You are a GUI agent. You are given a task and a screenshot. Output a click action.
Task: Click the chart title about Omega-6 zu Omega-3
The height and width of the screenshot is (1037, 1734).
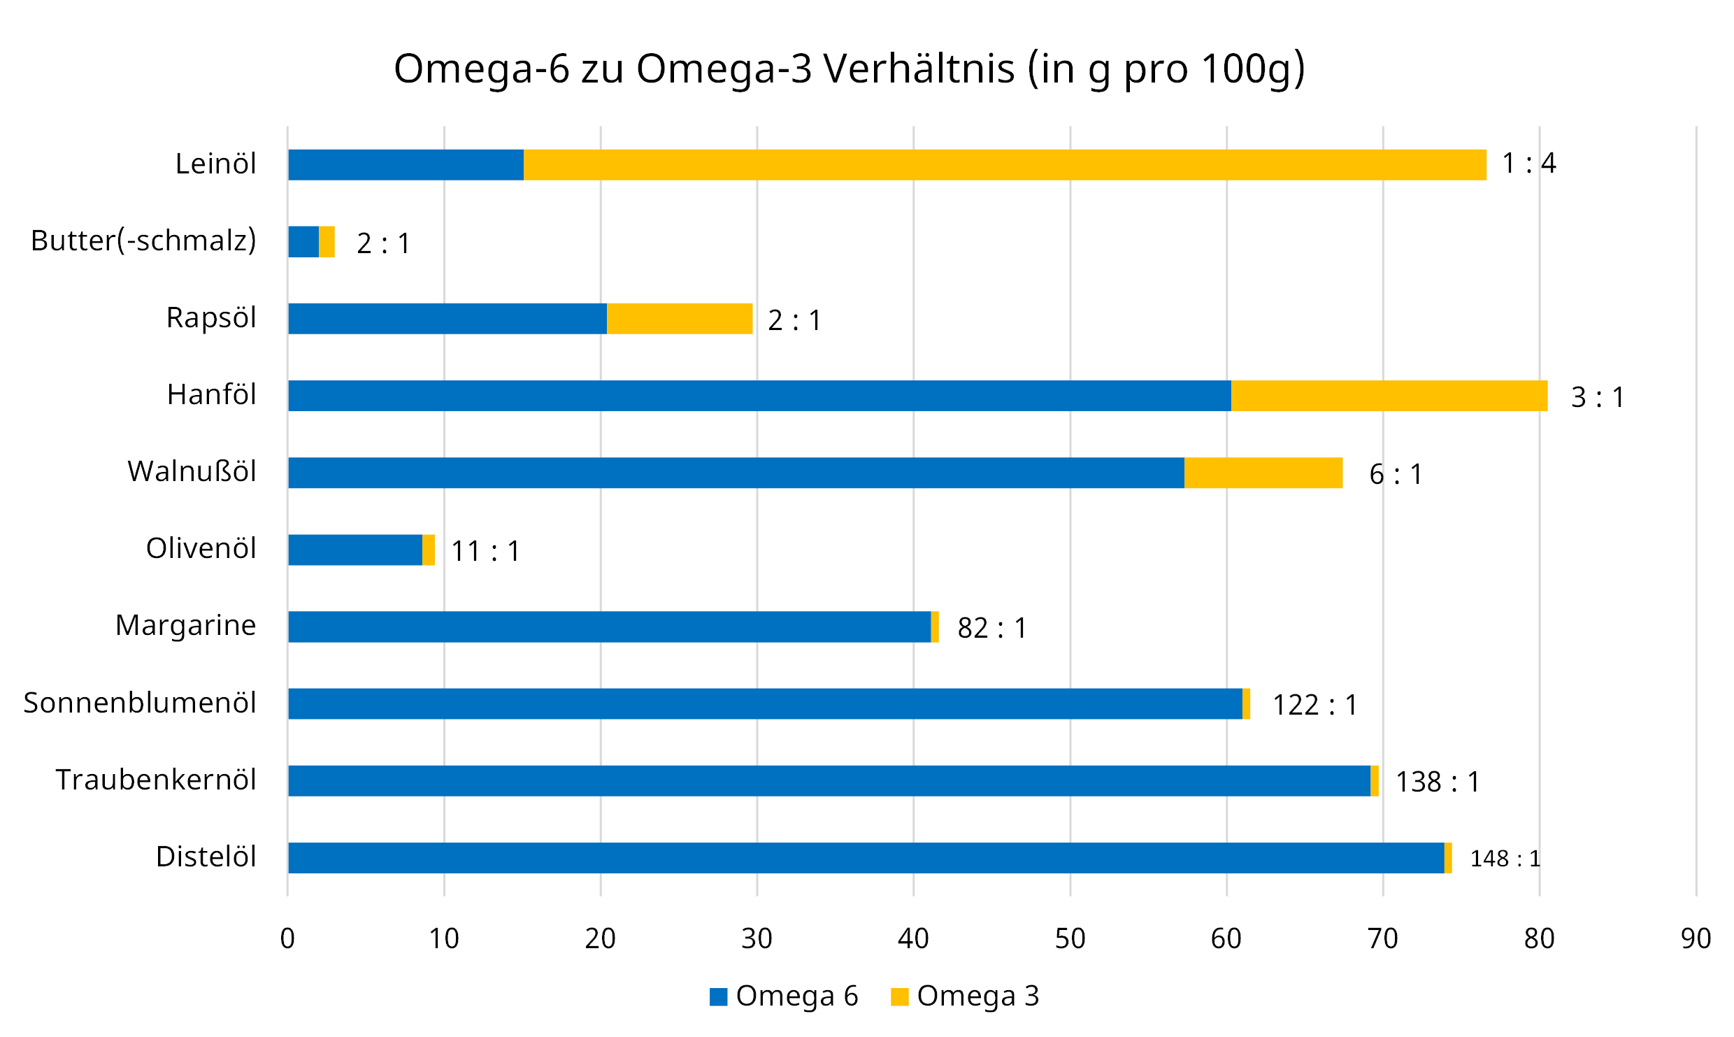click(849, 69)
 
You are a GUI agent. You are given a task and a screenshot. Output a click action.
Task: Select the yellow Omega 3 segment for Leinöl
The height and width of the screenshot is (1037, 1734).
click(1005, 165)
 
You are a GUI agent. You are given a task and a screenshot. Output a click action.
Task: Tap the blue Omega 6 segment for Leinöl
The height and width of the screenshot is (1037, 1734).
click(406, 165)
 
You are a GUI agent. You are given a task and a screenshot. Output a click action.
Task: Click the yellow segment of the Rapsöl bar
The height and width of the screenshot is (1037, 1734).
click(679, 319)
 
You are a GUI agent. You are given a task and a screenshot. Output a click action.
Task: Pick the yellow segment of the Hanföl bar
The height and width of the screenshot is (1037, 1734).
click(1389, 396)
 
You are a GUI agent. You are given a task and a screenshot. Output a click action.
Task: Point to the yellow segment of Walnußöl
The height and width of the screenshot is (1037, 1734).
click(1263, 473)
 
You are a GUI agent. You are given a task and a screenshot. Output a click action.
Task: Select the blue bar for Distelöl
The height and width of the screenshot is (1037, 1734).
click(866, 858)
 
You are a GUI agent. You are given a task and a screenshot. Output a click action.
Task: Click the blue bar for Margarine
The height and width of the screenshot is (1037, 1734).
click(609, 627)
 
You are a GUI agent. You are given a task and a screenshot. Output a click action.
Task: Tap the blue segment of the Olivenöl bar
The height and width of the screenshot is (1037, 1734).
click(355, 550)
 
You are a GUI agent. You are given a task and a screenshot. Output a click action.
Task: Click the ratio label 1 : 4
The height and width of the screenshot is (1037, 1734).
click(1528, 164)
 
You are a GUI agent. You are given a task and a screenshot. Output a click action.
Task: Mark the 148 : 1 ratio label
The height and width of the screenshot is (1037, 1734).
click(1505, 859)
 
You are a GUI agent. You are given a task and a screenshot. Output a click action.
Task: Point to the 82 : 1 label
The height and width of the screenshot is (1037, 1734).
click(991, 628)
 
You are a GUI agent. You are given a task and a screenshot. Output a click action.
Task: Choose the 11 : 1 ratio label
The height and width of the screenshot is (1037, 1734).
click(485, 551)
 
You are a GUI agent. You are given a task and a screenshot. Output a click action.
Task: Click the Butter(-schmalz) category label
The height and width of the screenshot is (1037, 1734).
click(143, 241)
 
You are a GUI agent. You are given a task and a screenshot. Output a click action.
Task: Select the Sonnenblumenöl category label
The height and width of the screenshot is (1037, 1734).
click(140, 703)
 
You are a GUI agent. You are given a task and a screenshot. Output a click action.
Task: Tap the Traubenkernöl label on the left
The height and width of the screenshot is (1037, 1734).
click(156, 780)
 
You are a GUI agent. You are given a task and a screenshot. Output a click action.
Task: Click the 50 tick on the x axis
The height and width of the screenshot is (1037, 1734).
click(1070, 938)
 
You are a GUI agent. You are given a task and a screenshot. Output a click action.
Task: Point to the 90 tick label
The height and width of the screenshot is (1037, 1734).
click(1696, 938)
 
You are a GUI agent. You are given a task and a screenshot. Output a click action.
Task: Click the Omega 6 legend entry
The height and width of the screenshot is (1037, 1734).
click(784, 996)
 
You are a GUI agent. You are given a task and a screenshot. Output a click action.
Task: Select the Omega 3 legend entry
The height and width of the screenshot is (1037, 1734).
click(966, 996)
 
